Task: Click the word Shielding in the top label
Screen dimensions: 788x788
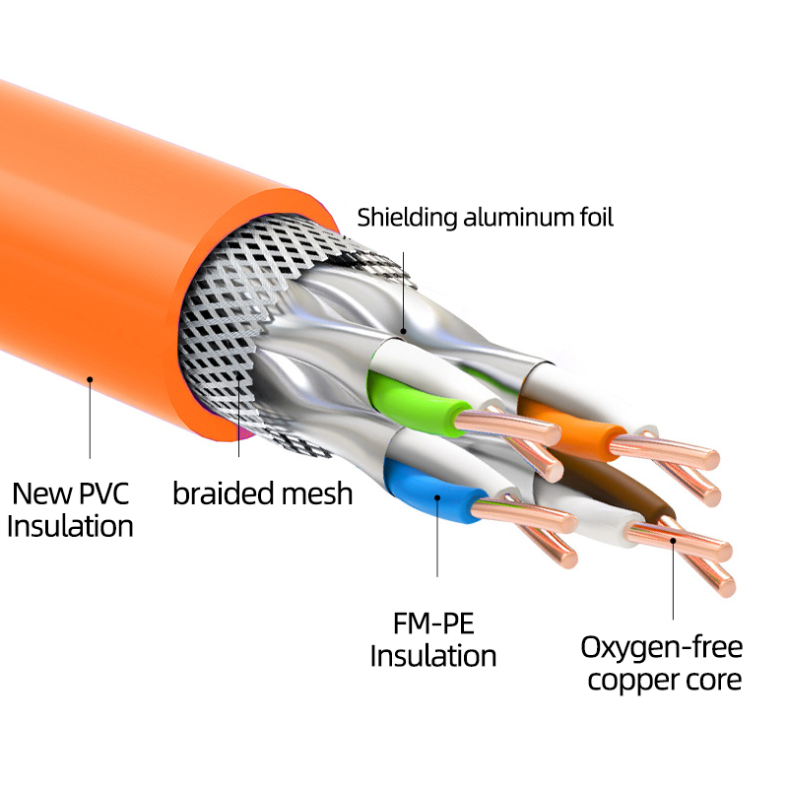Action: pos(407,219)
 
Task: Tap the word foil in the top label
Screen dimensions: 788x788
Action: pos(597,217)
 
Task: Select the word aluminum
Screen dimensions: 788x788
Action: pos(519,218)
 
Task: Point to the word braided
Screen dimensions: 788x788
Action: pos(223,493)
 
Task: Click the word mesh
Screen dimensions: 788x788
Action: pos(316,493)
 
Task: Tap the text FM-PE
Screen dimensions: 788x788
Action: pos(433,624)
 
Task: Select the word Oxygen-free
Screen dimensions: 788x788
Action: pos(661,647)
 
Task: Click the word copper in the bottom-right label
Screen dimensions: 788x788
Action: pos(629,682)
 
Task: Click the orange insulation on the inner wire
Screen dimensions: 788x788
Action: pos(573,427)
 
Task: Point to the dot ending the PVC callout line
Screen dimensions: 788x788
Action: pos(90,379)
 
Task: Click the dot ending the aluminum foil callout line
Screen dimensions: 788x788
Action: pos(403,331)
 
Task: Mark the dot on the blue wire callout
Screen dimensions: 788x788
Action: pos(437,498)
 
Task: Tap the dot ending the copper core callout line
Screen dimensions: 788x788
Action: pos(673,541)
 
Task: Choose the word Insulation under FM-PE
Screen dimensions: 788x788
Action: pos(433,656)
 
